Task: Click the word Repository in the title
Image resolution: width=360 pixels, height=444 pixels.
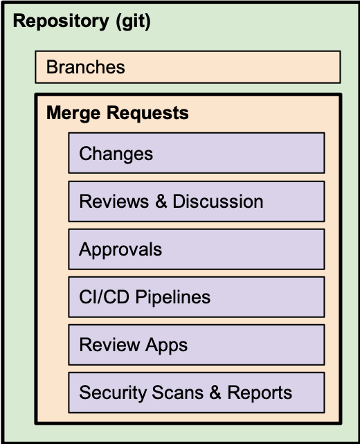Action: [x=61, y=21]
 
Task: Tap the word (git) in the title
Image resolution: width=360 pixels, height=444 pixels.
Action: [x=133, y=21]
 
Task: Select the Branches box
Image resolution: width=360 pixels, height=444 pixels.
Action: [x=188, y=67]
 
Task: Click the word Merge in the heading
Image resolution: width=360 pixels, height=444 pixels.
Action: [x=73, y=114]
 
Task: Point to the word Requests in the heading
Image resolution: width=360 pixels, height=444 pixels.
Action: [x=147, y=113]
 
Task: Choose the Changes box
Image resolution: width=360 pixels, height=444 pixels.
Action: [x=197, y=153]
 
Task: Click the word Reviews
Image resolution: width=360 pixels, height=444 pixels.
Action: [x=114, y=202]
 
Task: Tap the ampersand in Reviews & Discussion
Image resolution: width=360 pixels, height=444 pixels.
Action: [x=161, y=202]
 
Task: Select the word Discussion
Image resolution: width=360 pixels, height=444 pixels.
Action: [x=218, y=202]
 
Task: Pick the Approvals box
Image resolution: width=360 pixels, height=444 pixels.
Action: [x=197, y=249]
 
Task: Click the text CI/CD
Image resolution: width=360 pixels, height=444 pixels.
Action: [x=104, y=297]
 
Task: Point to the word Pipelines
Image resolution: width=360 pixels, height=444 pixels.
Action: [x=173, y=298]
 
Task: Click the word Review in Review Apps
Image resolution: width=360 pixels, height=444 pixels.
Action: [x=109, y=345]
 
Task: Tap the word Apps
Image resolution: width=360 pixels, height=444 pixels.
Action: [x=167, y=346]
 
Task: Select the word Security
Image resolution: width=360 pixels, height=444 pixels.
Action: [x=113, y=393]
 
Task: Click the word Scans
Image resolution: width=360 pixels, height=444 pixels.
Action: [x=178, y=393]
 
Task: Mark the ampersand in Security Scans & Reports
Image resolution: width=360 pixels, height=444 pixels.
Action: [x=215, y=393]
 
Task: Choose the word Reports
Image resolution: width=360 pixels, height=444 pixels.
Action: [x=260, y=393]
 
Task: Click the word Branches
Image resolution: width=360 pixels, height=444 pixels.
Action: [x=85, y=67]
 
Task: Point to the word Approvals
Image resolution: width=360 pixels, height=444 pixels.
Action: [x=120, y=250]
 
